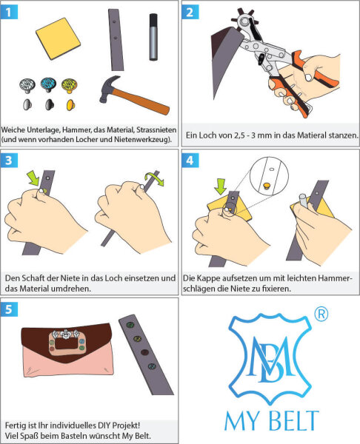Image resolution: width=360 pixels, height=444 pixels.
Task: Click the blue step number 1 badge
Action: [x=10, y=11]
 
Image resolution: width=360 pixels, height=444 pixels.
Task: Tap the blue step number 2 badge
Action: [x=191, y=11]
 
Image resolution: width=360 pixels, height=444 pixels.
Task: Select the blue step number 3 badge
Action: [x=10, y=160]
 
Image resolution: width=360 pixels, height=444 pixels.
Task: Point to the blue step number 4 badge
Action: [x=191, y=160]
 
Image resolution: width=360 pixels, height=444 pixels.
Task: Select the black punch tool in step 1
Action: [x=153, y=35]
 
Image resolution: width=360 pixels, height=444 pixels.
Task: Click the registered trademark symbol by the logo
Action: [x=321, y=314]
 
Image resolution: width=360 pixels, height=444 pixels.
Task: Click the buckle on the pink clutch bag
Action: [x=64, y=347]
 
